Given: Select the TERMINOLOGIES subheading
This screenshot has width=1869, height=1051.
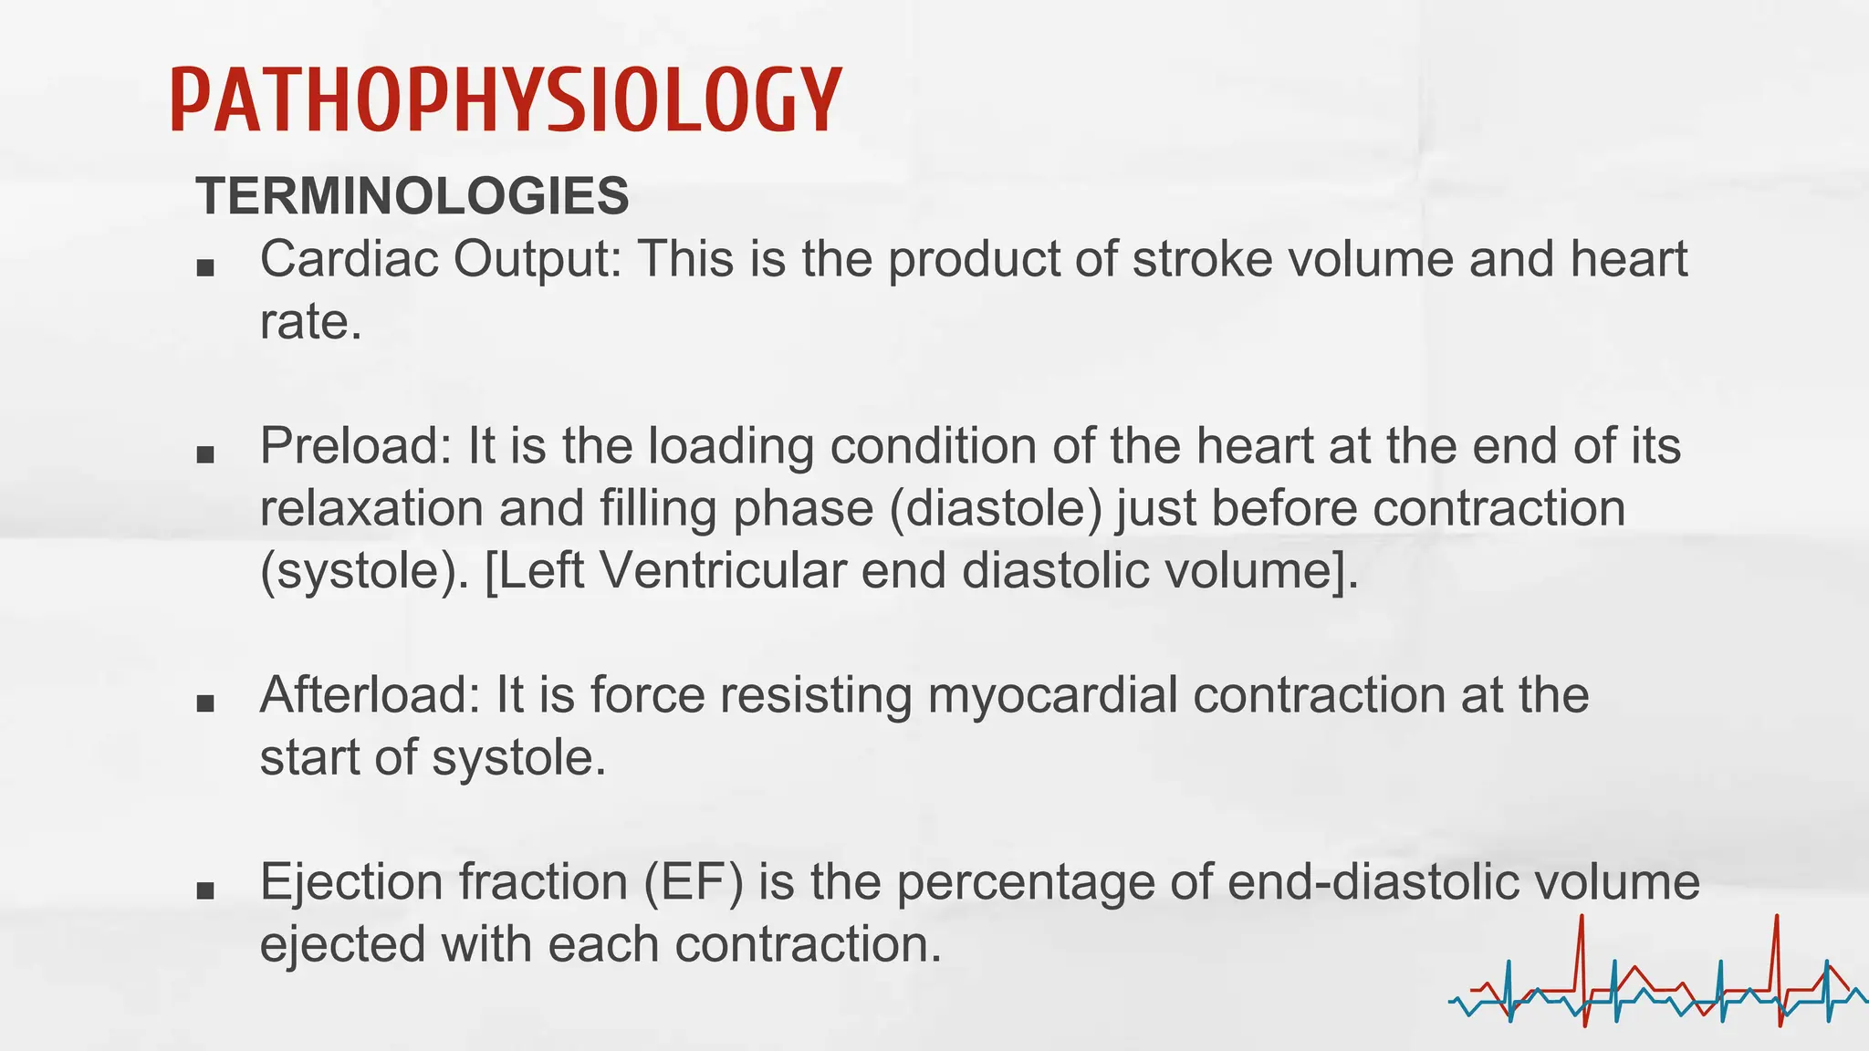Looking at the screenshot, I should (412, 196).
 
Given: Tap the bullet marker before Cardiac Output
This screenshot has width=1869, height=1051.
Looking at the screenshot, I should (205, 268).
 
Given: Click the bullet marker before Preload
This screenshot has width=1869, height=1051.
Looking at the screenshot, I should (205, 454).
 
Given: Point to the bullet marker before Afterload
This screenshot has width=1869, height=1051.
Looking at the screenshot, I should (205, 703).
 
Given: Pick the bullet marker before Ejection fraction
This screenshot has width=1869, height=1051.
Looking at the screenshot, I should (205, 890).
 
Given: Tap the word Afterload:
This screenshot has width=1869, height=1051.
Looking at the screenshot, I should (370, 695).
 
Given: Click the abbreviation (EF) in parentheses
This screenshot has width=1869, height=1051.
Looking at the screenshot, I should (694, 882).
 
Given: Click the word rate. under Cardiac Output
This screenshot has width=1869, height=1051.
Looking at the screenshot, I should (310, 323).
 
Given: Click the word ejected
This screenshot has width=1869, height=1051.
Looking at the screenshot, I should (342, 945).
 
